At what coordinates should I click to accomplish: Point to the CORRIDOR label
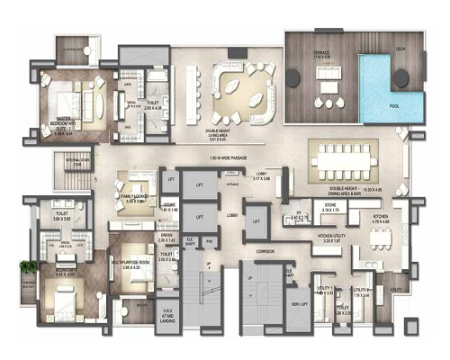[264, 249]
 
